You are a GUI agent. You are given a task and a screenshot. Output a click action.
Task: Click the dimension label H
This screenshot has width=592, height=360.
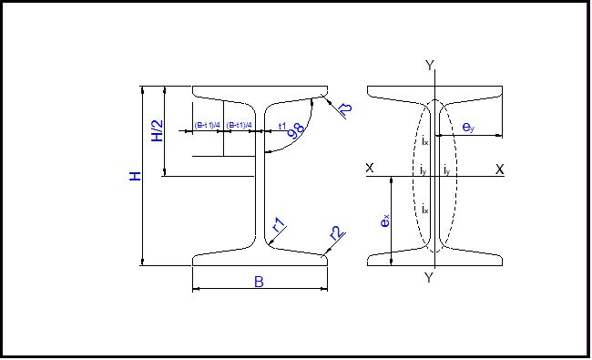pyautogui.click(x=136, y=174)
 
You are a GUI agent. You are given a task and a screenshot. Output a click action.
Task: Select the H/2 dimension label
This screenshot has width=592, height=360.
pyautogui.click(x=157, y=131)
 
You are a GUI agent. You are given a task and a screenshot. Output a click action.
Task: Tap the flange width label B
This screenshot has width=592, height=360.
pyautogui.click(x=259, y=283)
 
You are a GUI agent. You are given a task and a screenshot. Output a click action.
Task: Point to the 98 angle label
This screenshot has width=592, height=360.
pyautogui.click(x=296, y=129)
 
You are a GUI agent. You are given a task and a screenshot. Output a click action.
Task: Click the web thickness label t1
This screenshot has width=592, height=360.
pyautogui.click(x=281, y=125)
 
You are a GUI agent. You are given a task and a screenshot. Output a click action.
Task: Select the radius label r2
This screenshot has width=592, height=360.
pyautogui.click(x=335, y=233)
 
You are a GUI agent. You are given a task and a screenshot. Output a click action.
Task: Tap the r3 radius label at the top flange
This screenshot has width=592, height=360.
pyautogui.click(x=344, y=110)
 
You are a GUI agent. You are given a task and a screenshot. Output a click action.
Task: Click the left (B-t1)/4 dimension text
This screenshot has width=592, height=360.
pyautogui.click(x=207, y=125)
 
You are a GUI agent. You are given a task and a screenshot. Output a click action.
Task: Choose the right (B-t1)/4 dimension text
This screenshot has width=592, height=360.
pyautogui.click(x=239, y=125)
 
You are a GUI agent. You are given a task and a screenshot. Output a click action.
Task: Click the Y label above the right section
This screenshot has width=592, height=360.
pyautogui.click(x=430, y=65)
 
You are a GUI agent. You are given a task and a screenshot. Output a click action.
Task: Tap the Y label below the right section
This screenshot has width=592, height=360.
pyautogui.click(x=430, y=277)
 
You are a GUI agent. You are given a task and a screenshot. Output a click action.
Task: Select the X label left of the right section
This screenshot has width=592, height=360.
pyautogui.click(x=369, y=169)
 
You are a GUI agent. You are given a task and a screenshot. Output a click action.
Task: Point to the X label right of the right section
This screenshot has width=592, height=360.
pyautogui.click(x=500, y=169)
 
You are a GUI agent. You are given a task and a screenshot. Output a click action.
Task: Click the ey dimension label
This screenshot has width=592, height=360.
pyautogui.click(x=467, y=129)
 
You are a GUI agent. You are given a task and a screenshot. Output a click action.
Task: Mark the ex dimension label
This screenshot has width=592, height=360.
pyautogui.click(x=386, y=221)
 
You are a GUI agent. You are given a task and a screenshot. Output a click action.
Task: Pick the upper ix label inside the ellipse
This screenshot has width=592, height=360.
pyautogui.click(x=424, y=140)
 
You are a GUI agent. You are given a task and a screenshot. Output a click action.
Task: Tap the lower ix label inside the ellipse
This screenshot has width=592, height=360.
pyautogui.click(x=424, y=210)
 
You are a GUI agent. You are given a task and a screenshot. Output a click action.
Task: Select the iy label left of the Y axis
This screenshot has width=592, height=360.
pyautogui.click(x=423, y=170)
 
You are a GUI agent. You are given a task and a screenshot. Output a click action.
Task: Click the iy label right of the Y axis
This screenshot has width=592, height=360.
pyautogui.click(x=445, y=170)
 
